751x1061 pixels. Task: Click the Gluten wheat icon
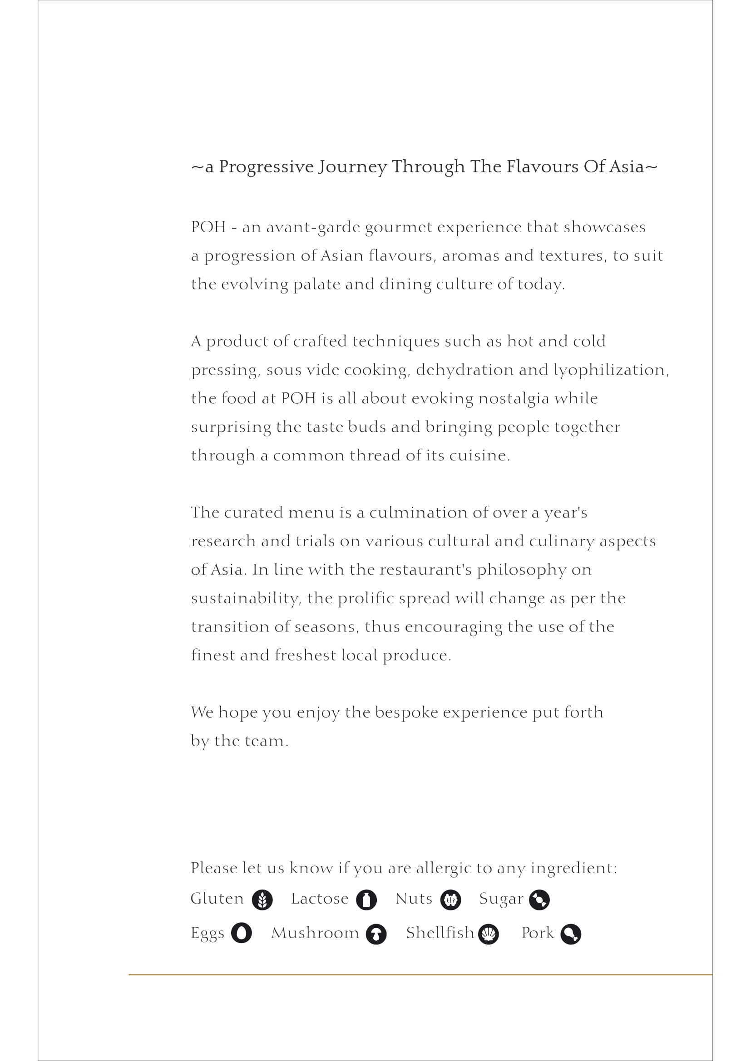pyautogui.click(x=262, y=900)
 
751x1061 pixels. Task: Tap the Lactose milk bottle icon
pyautogui.click(x=366, y=900)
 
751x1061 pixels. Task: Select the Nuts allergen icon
pyautogui.click(x=450, y=900)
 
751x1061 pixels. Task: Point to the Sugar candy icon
pyautogui.click(x=539, y=900)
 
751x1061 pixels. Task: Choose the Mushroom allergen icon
pyautogui.click(x=376, y=934)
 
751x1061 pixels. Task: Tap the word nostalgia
pyautogui.click(x=514, y=399)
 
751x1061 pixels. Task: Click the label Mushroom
pyautogui.click(x=315, y=933)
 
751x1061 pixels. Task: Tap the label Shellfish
pyautogui.click(x=440, y=933)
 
